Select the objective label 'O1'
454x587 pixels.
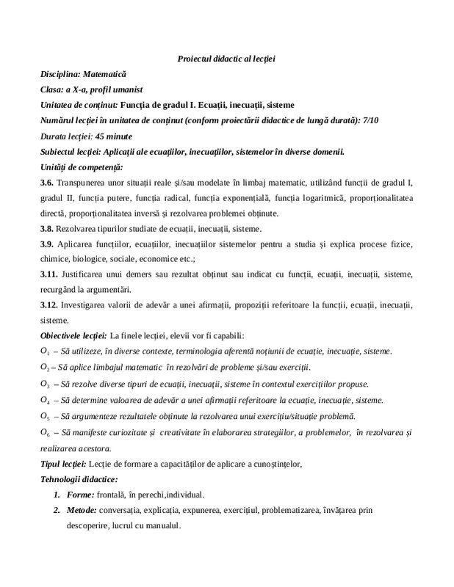coord(45,351)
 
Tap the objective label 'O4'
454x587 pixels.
coord(45,400)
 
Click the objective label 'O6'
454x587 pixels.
coord(45,432)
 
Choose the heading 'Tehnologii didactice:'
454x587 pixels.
coord(76,478)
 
